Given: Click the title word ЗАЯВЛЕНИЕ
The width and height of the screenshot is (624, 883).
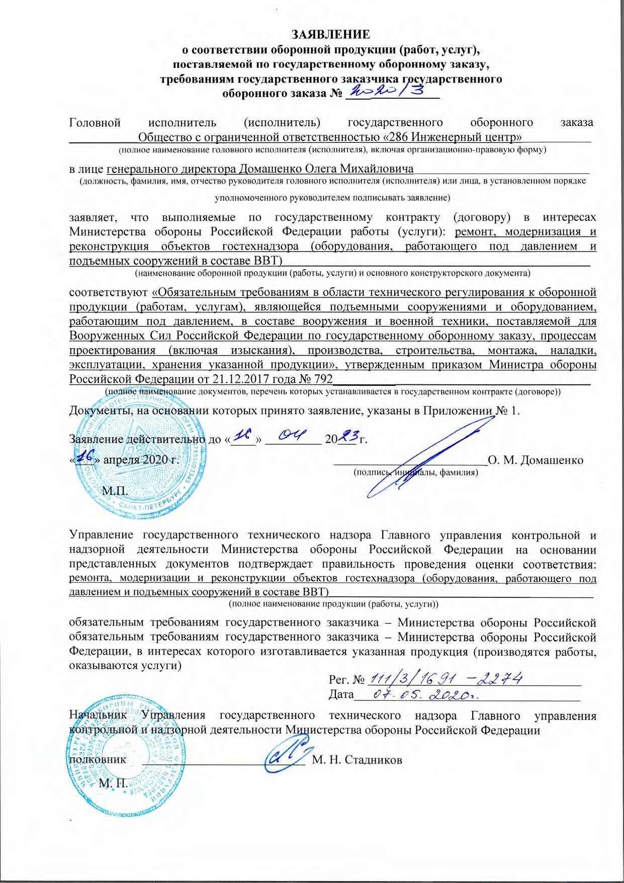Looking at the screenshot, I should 331,34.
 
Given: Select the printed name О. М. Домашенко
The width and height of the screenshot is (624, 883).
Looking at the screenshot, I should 536,460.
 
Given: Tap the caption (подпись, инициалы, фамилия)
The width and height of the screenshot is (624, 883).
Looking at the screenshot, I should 415,472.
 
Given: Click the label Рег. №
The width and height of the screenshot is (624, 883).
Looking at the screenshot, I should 346,680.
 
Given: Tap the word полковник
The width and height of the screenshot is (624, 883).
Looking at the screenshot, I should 98,759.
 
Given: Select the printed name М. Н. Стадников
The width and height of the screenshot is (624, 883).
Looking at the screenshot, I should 357,760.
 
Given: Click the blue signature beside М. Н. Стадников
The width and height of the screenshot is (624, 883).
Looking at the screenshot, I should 287,752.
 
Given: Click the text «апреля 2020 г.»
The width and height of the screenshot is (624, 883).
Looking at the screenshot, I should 141,460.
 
